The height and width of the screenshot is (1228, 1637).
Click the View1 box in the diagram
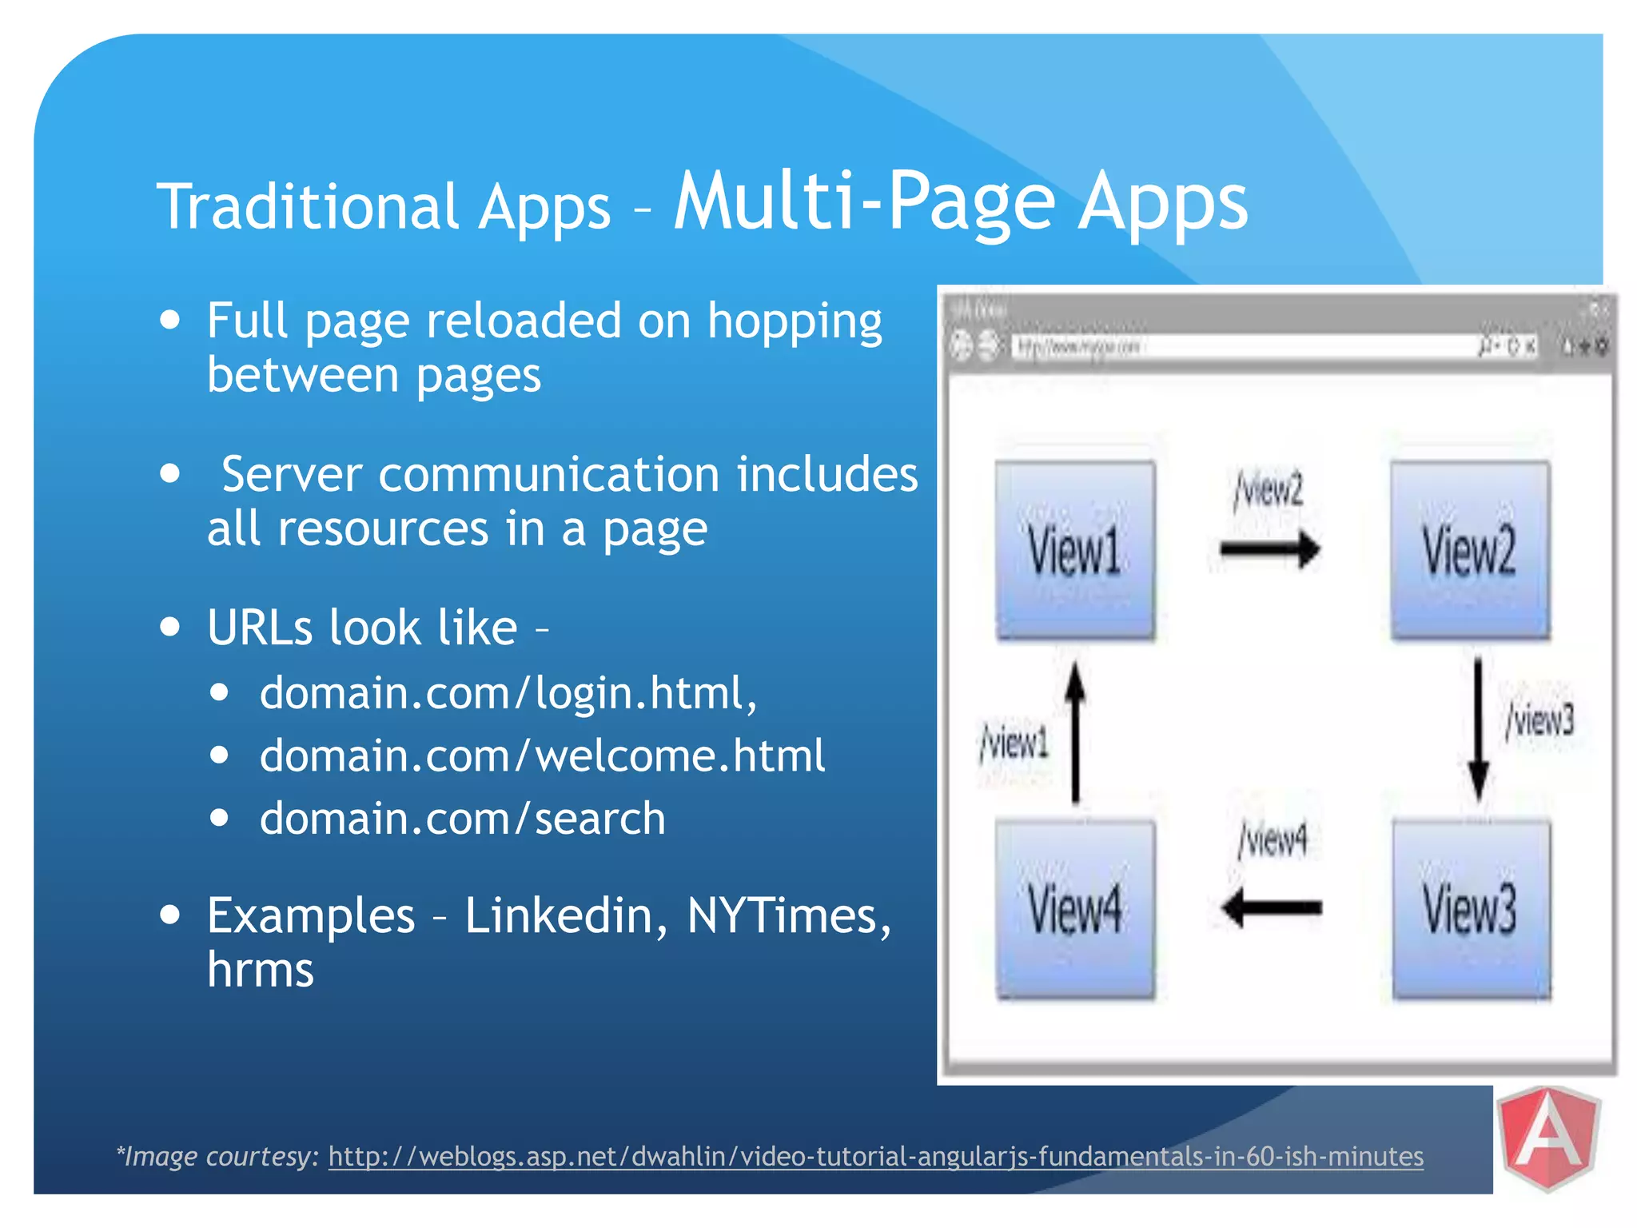(x=1075, y=550)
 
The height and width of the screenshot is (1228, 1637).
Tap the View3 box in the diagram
(x=1471, y=909)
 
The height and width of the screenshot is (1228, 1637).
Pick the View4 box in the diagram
(x=1075, y=909)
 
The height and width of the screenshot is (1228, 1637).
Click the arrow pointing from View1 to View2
(x=1270, y=549)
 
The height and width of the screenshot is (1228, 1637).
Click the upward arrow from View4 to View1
(x=1076, y=732)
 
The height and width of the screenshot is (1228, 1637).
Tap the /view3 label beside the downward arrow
(x=1539, y=720)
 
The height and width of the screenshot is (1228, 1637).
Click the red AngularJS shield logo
(x=1548, y=1138)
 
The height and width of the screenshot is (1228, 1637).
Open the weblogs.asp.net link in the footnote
(x=875, y=1157)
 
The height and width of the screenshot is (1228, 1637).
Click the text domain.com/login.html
(x=508, y=692)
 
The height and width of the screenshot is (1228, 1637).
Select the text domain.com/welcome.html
(x=542, y=756)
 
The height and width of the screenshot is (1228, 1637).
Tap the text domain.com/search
(x=462, y=819)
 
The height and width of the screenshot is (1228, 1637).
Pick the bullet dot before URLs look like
(x=169, y=626)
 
